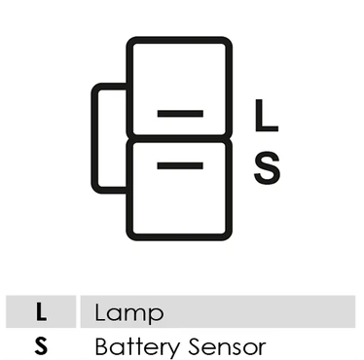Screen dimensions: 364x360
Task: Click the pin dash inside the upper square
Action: (180, 113)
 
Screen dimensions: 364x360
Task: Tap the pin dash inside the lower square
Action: (180, 165)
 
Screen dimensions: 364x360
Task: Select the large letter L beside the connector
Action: (266, 116)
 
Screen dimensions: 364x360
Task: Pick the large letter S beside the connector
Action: (267, 168)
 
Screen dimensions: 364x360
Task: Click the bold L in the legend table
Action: (41, 312)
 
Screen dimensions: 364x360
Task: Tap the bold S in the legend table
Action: (41, 345)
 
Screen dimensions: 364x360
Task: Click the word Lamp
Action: (129, 313)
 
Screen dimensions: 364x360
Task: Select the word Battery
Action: (137, 347)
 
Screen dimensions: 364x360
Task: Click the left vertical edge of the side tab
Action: (94, 138)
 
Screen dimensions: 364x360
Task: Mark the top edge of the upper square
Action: (179, 40)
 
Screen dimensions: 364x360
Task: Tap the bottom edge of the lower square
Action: (179, 237)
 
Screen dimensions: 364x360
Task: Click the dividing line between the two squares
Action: (179, 138)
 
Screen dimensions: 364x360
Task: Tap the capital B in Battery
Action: (102, 346)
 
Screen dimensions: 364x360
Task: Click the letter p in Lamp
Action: (157, 316)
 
